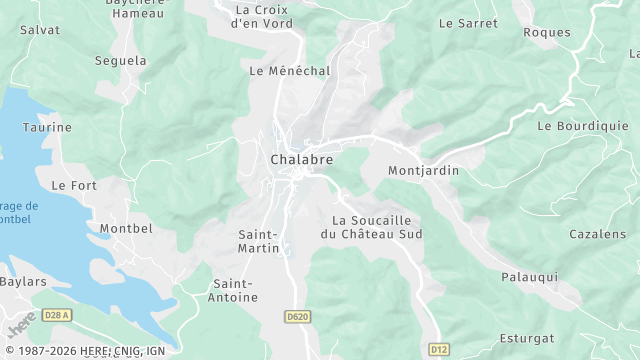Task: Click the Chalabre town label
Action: click(x=301, y=159)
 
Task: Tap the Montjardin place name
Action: click(x=423, y=171)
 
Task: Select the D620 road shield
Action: click(x=297, y=316)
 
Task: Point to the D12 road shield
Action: click(x=438, y=349)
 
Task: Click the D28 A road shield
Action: click(x=58, y=315)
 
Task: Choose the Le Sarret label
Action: click(x=468, y=22)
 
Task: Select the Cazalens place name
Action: click(x=597, y=233)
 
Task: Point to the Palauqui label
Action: click(x=529, y=276)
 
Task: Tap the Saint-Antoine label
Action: click(x=235, y=290)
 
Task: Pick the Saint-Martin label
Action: click(x=258, y=241)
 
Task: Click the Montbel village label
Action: click(x=127, y=228)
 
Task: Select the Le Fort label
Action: click(x=73, y=185)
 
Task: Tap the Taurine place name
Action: click(x=47, y=128)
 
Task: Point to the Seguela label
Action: click(x=120, y=61)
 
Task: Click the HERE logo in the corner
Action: click(x=21, y=327)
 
